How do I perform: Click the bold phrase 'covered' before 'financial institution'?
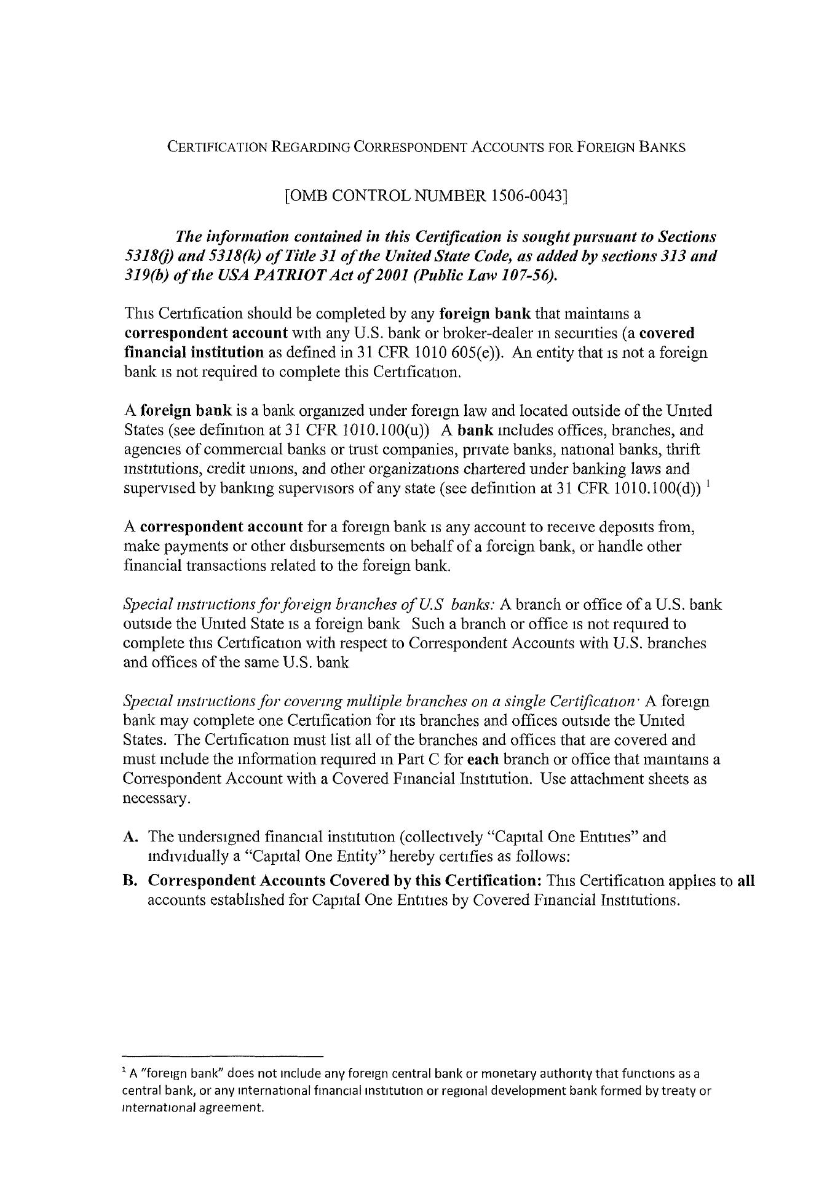click(x=667, y=333)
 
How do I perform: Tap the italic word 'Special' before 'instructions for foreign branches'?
click(x=144, y=605)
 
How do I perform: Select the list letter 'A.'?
click(x=130, y=837)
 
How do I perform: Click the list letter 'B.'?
click(x=130, y=881)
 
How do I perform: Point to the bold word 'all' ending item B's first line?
click(x=745, y=881)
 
